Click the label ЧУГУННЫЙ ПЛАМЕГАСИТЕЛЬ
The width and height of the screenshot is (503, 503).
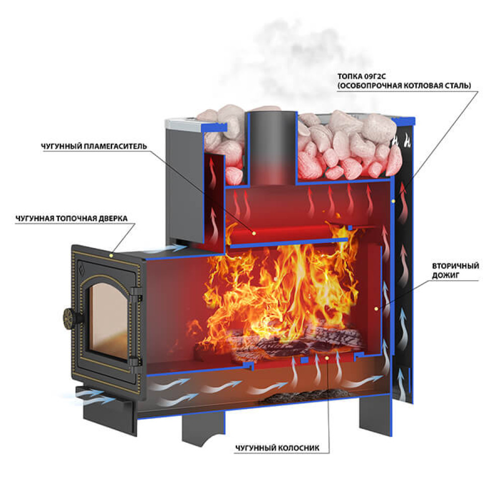point(94,146)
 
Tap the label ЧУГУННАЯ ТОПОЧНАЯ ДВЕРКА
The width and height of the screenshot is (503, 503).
point(71,218)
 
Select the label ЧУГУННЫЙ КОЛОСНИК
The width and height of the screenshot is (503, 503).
point(278,448)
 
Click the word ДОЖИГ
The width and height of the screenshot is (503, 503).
point(446,275)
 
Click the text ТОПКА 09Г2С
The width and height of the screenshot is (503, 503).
point(362,76)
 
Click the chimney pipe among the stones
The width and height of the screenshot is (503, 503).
point(272,147)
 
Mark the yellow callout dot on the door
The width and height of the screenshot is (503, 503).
point(111,256)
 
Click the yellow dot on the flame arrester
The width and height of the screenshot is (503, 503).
point(254,233)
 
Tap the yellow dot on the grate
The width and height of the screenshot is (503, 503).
point(326,357)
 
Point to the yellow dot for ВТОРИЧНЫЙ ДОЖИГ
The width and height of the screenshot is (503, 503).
point(376,309)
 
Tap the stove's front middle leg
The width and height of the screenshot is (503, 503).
point(203,428)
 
